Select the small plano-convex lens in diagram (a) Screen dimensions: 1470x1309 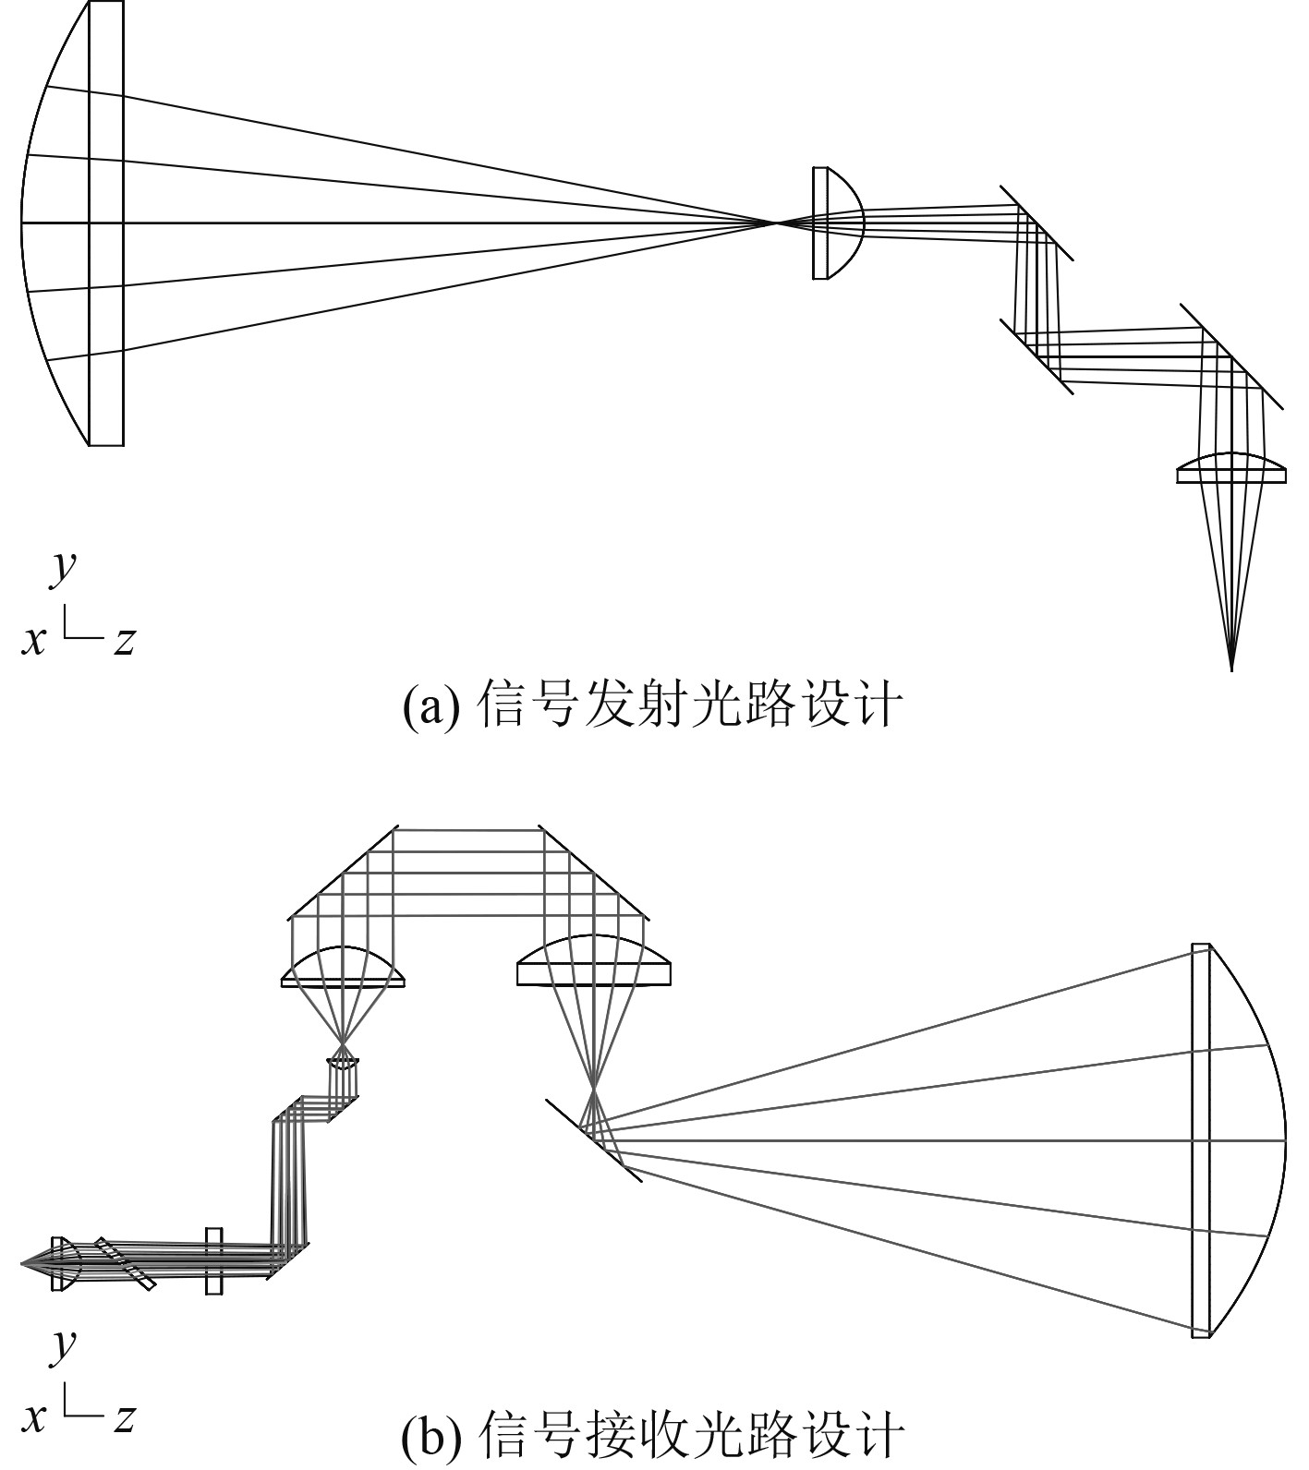[835, 223]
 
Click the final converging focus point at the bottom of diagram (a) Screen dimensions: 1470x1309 [1230, 668]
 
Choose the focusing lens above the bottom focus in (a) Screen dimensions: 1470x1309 [1230, 469]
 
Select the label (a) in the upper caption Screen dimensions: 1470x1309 [430, 706]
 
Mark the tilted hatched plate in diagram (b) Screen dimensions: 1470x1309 [125, 1261]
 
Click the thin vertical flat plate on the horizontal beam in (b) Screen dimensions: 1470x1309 [214, 1260]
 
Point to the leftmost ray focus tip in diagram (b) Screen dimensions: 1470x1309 [23, 1261]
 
